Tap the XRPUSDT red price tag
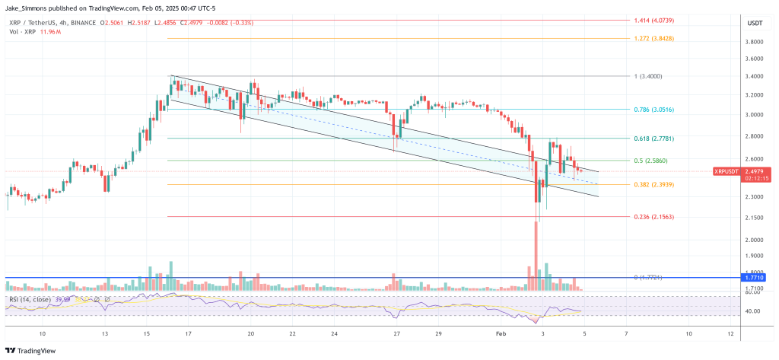click(726, 171)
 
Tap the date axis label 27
click(397, 333)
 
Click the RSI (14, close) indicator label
click(30, 300)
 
